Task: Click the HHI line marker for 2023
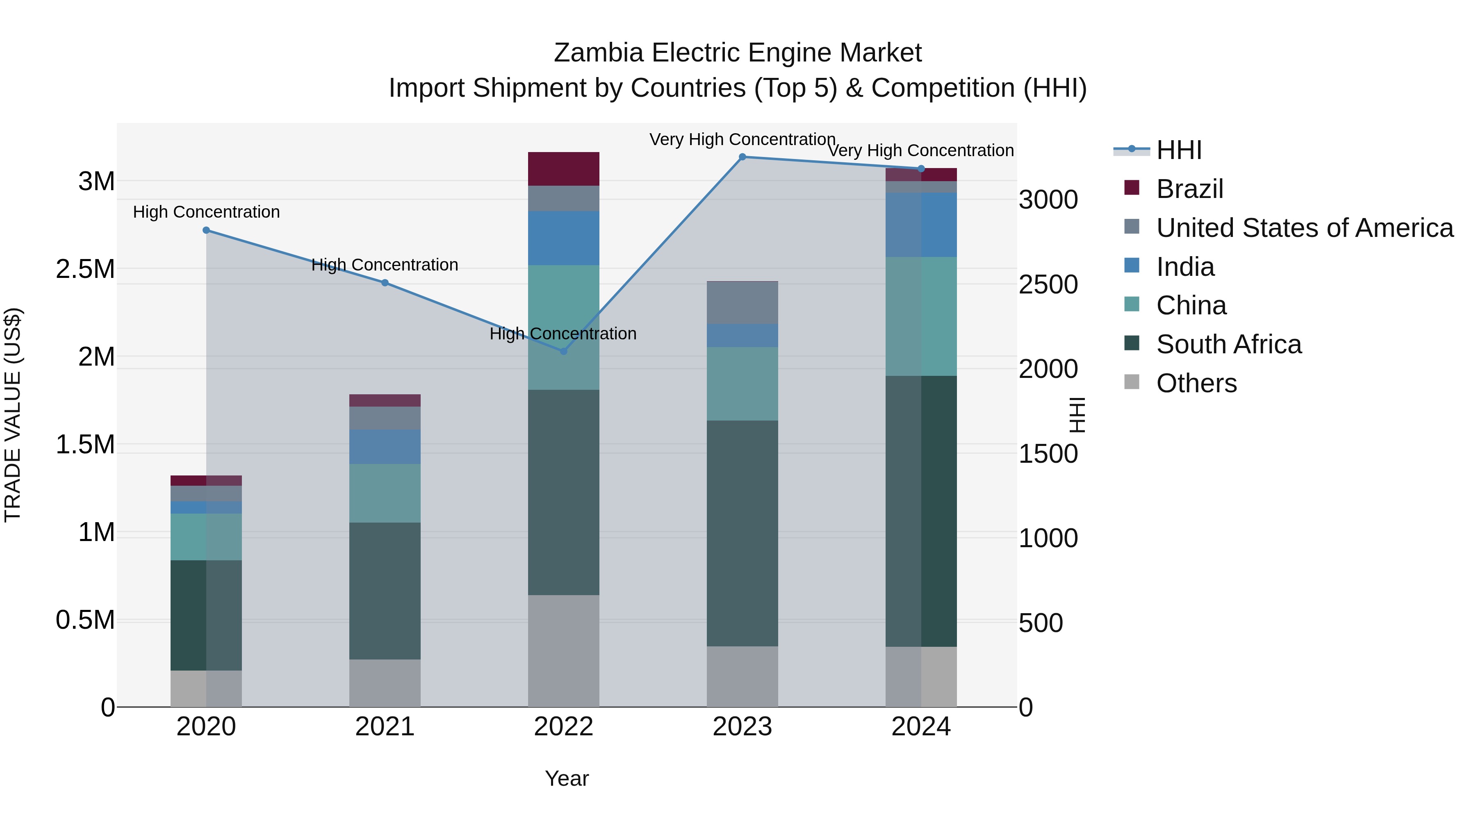tap(742, 157)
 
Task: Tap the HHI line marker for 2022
tap(563, 351)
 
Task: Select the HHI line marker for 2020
tap(206, 230)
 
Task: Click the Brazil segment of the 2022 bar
tap(563, 169)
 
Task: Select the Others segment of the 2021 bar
tap(385, 683)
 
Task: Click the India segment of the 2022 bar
tap(563, 238)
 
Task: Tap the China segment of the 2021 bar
tap(385, 493)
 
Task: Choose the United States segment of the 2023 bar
tap(742, 302)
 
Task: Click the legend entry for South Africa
tap(1228, 344)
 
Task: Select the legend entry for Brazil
tap(1189, 189)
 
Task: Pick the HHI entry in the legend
tap(1179, 150)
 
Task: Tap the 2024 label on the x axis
tap(921, 727)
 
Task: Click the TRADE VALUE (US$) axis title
tap(13, 415)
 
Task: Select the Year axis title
tap(567, 778)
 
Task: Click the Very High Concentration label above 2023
tap(742, 139)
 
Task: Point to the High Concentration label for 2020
tap(206, 212)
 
